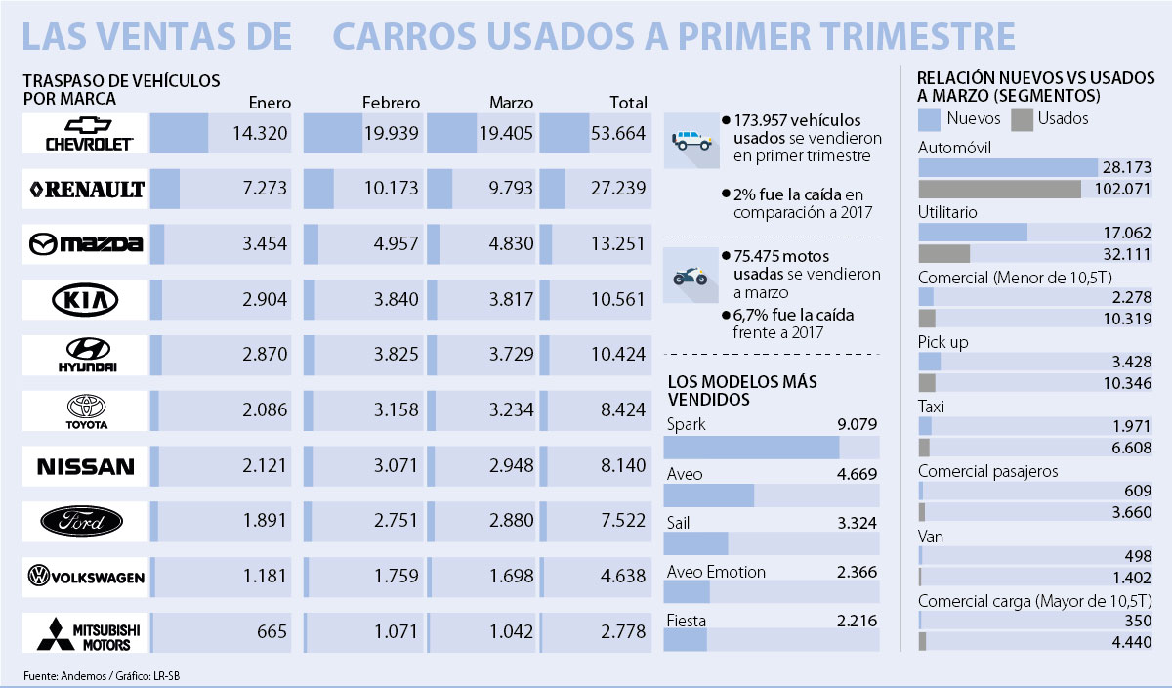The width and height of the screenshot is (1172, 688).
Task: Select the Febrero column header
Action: pyautogui.click(x=391, y=102)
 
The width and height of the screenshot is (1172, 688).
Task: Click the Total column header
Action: pyautogui.click(x=628, y=102)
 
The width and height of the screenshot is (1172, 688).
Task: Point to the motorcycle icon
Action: pyautogui.click(x=691, y=275)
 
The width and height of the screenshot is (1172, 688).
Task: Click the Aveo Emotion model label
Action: pyautogui.click(x=716, y=572)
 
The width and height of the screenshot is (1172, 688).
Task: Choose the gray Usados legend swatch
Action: pyautogui.click(x=1021, y=118)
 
